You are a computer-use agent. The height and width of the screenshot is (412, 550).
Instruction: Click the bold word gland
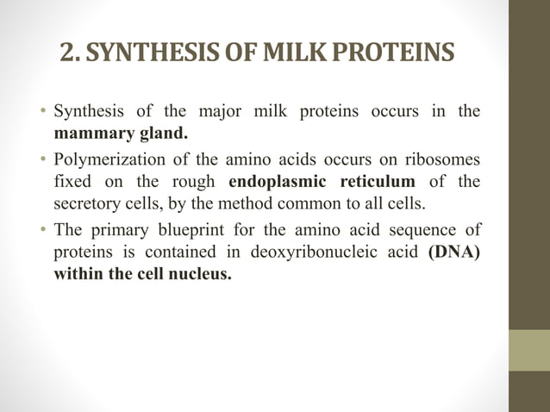click(159, 134)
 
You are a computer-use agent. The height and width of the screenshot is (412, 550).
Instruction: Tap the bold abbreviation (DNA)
click(453, 253)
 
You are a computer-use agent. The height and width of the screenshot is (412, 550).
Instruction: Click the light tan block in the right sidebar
click(528, 350)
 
